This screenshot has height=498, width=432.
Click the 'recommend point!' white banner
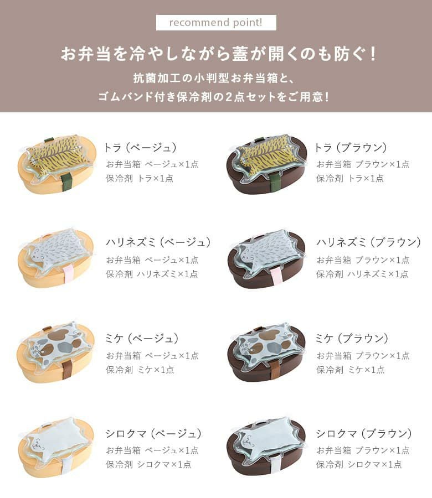[x=216, y=23]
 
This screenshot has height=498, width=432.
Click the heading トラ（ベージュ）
[x=140, y=148]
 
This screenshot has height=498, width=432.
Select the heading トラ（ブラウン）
[x=351, y=148]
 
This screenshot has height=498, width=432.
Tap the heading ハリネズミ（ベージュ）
[x=158, y=242]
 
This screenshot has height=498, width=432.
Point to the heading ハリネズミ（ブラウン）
[x=369, y=242]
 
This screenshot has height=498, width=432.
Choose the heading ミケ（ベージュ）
[x=142, y=339]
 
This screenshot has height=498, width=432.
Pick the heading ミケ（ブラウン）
[x=352, y=339]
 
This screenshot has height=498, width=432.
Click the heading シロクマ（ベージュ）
[x=153, y=433]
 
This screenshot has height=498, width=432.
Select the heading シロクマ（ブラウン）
[x=364, y=433]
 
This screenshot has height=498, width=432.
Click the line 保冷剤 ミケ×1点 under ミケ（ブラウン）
[x=350, y=370]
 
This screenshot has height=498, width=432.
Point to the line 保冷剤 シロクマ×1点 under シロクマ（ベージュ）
[x=148, y=464]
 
